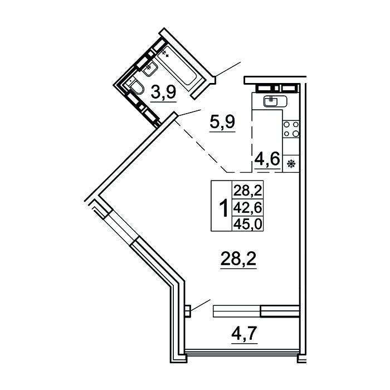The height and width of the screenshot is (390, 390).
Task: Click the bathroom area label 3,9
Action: point(164,92)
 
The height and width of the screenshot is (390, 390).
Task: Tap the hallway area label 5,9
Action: point(222,121)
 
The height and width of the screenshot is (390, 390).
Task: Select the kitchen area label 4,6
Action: point(267,159)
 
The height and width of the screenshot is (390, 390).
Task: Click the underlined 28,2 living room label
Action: point(238,259)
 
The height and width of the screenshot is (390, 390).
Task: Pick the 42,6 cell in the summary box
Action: point(247,208)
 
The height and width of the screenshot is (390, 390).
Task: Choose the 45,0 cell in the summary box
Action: point(247,224)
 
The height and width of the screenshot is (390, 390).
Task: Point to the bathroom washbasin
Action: point(150,68)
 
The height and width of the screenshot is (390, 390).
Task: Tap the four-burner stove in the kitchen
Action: point(291,129)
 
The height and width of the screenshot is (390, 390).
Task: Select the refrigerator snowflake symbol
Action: point(291,164)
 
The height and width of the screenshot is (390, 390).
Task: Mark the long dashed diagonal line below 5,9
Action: point(201,147)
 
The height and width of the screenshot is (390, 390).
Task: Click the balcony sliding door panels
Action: point(256,311)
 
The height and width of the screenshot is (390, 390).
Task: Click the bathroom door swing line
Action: point(228,69)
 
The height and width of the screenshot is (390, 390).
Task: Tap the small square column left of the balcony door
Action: point(188,311)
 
